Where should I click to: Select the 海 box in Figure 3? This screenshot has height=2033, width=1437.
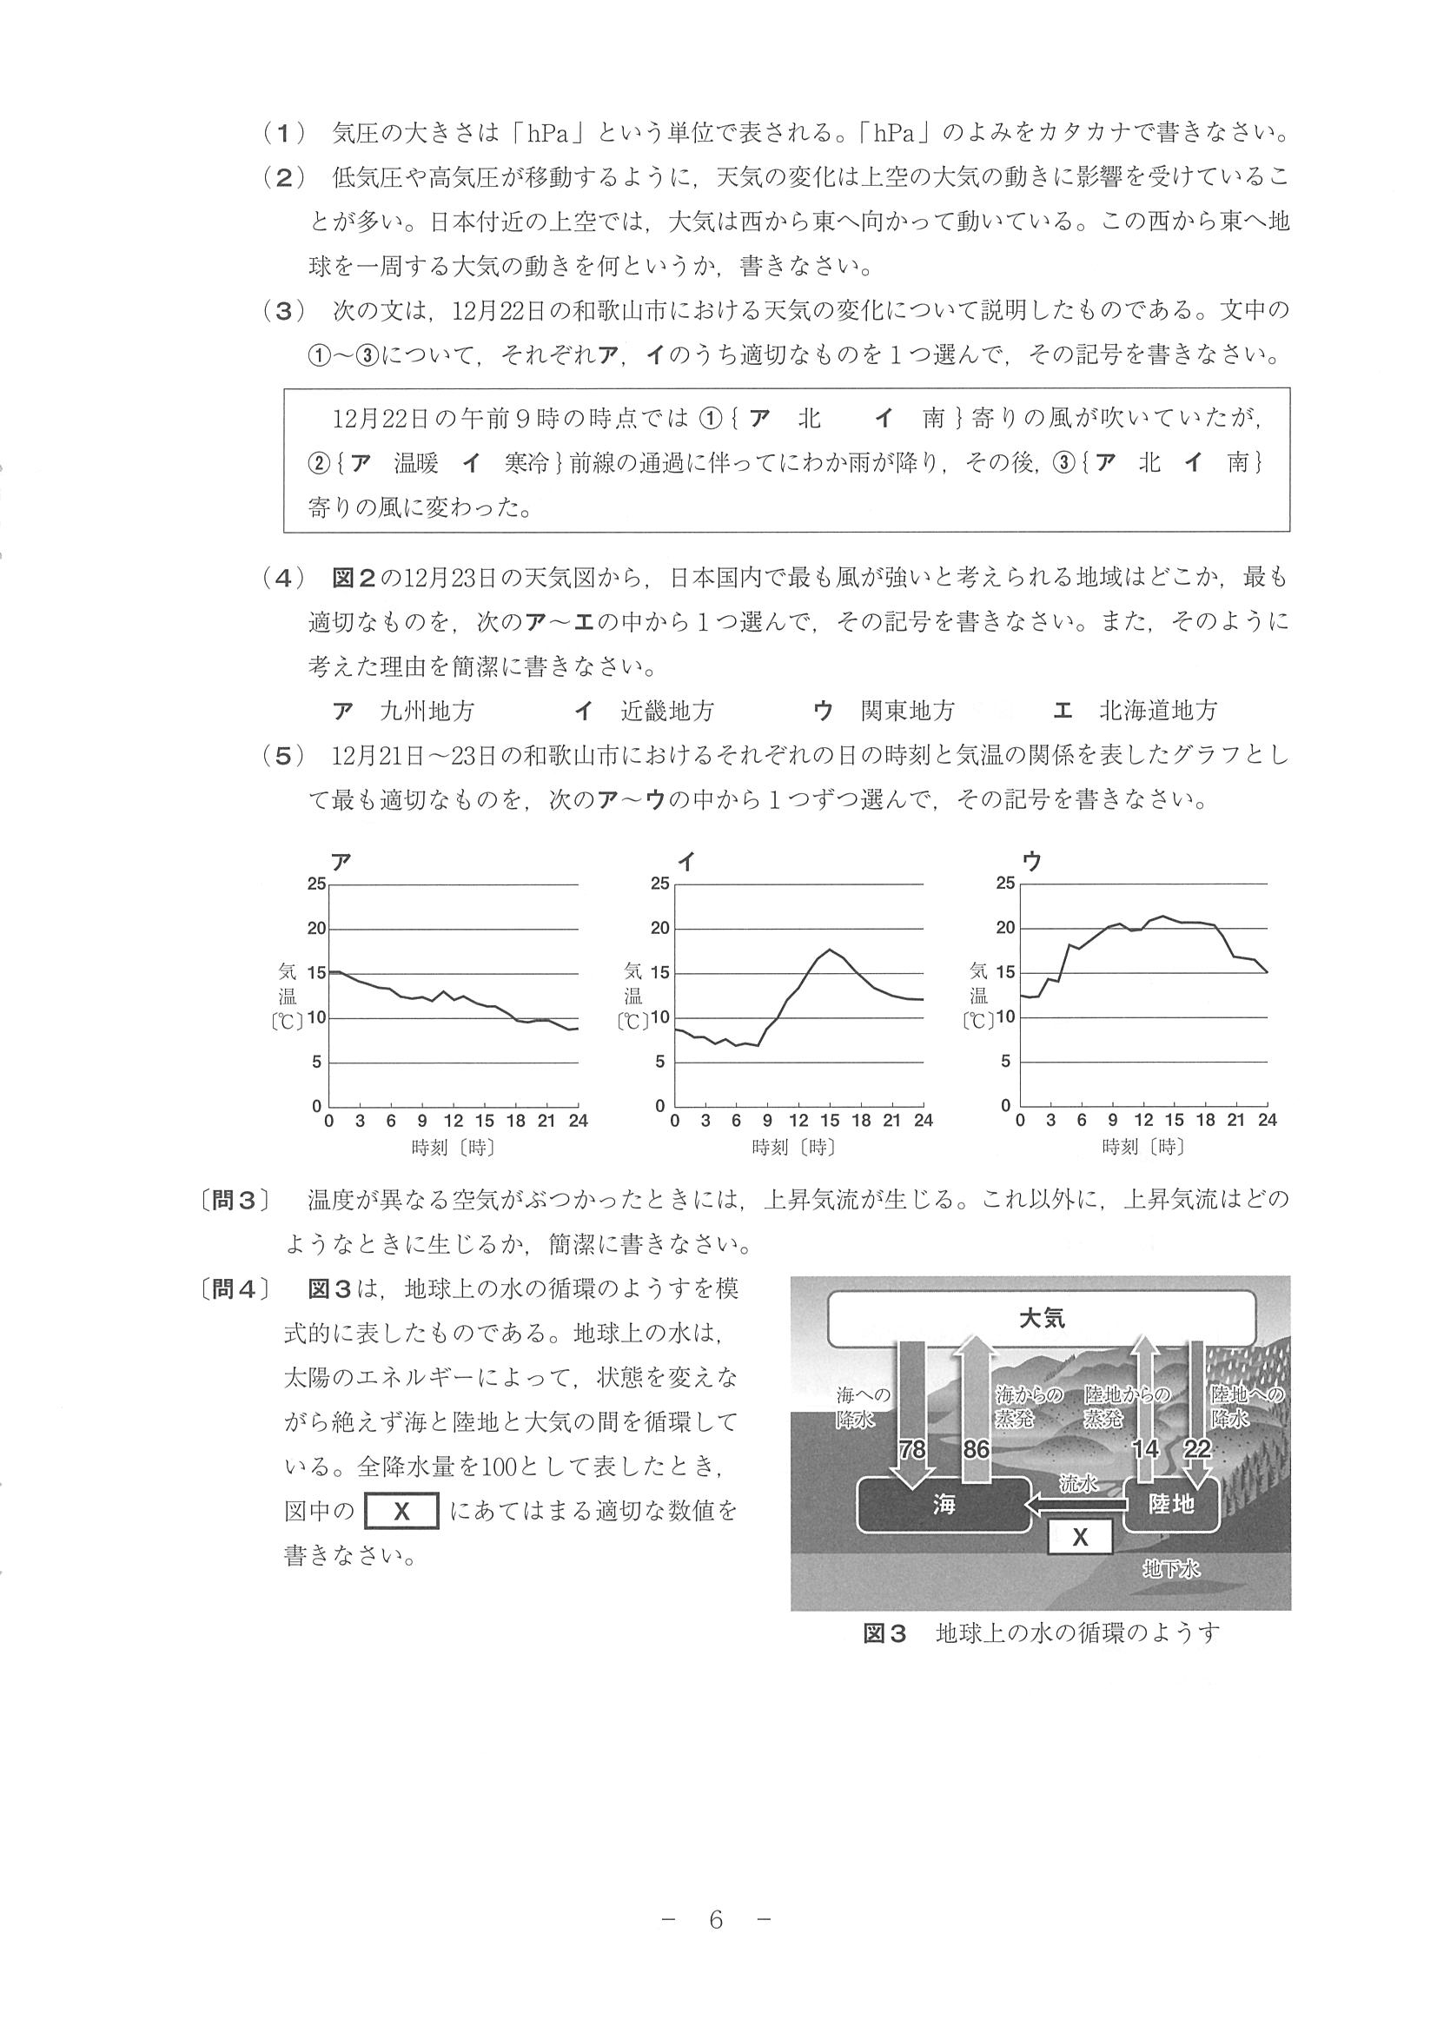tap(944, 1504)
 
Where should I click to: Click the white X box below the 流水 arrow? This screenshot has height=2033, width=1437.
tap(1079, 1538)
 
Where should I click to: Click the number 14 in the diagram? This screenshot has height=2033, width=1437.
tap(1146, 1449)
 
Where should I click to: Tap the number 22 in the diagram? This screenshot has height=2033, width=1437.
tap(1197, 1449)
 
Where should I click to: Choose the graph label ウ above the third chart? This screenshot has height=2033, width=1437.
tap(1031, 862)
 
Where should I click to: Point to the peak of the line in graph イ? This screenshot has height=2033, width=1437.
tap(830, 950)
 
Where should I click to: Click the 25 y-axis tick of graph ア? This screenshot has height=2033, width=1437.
tap(316, 884)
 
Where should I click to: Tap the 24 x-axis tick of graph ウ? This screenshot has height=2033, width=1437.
tap(1267, 1120)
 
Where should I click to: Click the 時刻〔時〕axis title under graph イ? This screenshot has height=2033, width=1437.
tap(793, 1148)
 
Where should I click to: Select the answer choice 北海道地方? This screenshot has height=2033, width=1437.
tap(1158, 710)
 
